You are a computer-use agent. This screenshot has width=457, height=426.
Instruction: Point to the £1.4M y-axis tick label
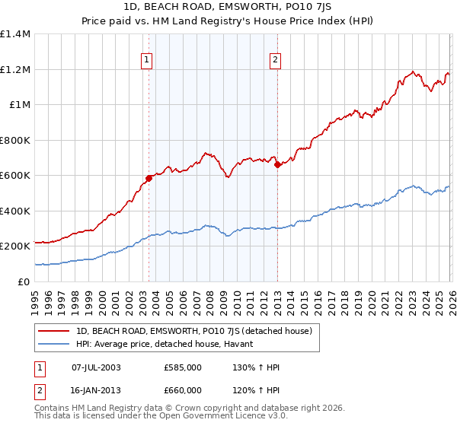[15, 34]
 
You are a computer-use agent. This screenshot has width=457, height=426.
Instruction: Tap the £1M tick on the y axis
[20, 105]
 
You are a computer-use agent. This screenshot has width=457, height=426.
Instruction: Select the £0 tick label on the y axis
[24, 281]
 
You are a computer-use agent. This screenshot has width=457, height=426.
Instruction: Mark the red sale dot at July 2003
[149, 179]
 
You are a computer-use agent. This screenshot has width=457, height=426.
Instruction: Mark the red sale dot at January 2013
[277, 165]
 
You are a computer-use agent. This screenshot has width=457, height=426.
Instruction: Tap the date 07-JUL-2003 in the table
[95, 367]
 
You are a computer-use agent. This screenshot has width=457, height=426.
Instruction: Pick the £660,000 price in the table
[183, 389]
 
